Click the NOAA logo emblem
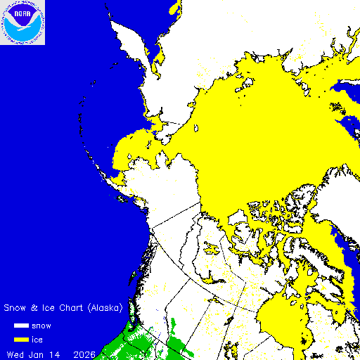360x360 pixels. [x=22, y=22]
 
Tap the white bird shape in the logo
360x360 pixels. [x=22, y=26]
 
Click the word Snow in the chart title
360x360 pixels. [x=15, y=308]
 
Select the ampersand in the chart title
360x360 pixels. [x=34, y=308]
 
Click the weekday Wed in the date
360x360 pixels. [x=16, y=353]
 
